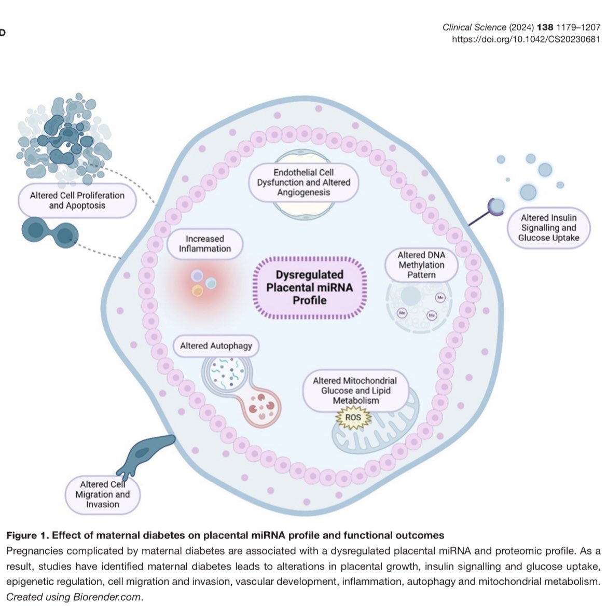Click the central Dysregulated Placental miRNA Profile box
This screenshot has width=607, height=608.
pyautogui.click(x=309, y=287)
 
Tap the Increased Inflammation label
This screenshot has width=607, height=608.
pyautogui.click(x=204, y=244)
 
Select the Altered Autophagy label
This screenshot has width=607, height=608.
pyautogui.click(x=216, y=346)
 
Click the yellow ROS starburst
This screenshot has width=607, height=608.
pyautogui.click(x=353, y=418)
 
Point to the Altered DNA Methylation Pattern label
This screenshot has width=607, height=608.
pyautogui.click(x=421, y=265)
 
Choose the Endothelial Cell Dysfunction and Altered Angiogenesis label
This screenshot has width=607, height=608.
pyautogui.click(x=303, y=182)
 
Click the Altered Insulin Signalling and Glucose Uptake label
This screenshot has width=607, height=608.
pyautogui.click(x=548, y=228)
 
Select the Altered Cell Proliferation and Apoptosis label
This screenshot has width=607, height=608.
pyautogui.click(x=77, y=200)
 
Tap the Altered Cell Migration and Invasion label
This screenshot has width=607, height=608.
pyautogui.click(x=103, y=494)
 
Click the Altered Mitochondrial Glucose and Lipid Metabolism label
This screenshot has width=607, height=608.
pyautogui.click(x=355, y=390)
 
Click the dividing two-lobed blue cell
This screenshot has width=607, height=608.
pyautogui.click(x=50, y=233)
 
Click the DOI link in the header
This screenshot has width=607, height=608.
pyautogui.click(x=526, y=39)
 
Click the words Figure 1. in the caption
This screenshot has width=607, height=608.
pyautogui.click(x=28, y=535)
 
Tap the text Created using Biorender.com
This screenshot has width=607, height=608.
pyautogui.click(x=74, y=597)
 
